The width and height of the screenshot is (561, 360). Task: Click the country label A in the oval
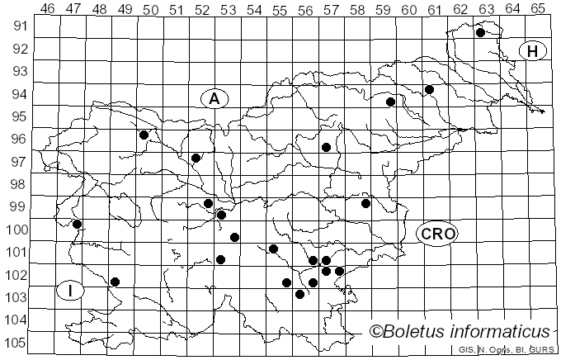tap(214, 99)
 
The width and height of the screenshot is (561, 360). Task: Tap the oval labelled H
tap(533, 51)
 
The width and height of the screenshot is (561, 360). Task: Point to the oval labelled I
tap(72, 291)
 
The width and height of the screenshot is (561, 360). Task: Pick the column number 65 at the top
tap(538, 8)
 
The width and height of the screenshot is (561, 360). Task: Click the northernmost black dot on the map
tap(480, 33)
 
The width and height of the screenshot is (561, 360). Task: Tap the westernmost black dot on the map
tap(77, 224)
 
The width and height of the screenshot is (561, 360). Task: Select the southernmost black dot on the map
tap(299, 294)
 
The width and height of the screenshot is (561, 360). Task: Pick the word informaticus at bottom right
tap(502, 332)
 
